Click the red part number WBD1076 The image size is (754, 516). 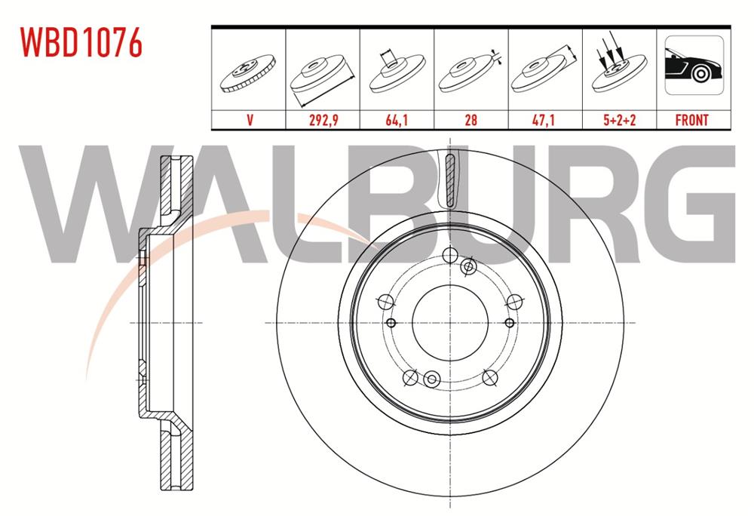point(81,42)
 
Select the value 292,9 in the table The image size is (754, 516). point(323,119)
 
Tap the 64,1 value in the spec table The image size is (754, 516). point(397,119)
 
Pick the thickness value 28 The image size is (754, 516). point(470,119)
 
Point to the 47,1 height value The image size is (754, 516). point(544,119)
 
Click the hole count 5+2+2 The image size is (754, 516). point(619,119)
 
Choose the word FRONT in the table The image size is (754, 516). point(692,120)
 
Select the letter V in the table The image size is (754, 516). point(250,119)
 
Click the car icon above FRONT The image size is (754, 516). point(694,65)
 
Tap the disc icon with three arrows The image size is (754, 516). point(618,67)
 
